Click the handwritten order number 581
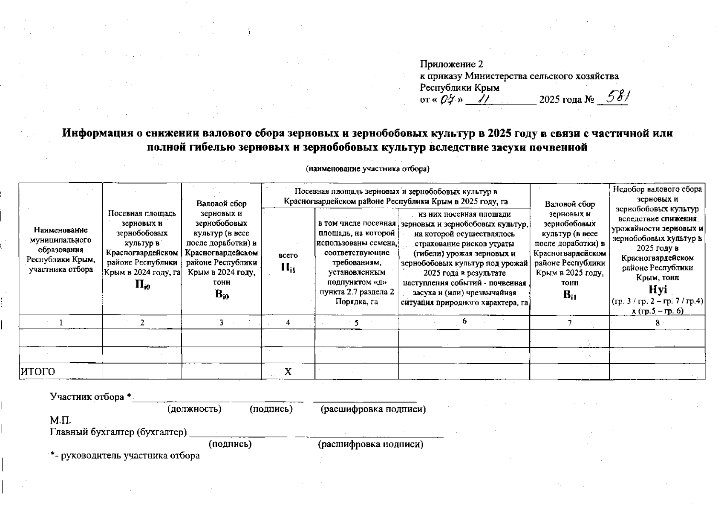pyautogui.click(x=617, y=98)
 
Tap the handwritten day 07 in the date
pyautogui.click(x=446, y=100)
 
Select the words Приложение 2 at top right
pyautogui.click(x=452, y=64)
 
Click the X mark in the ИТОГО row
pyautogui.click(x=288, y=372)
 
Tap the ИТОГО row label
pyautogui.click(x=38, y=372)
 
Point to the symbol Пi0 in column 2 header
pyautogui.click(x=142, y=285)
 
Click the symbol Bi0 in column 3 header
pyautogui.click(x=222, y=294)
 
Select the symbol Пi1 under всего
pyautogui.click(x=288, y=268)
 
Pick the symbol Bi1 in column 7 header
pyautogui.click(x=569, y=294)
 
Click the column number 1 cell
pyautogui.click(x=61, y=323)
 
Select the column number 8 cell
pyautogui.click(x=658, y=323)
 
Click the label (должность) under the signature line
pyautogui.click(x=194, y=409)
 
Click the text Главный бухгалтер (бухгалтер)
pyautogui.click(x=118, y=432)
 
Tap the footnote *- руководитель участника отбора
pyautogui.click(x=125, y=456)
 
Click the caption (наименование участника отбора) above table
pyautogui.click(x=368, y=169)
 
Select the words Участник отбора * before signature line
pyautogui.click(x=90, y=397)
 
